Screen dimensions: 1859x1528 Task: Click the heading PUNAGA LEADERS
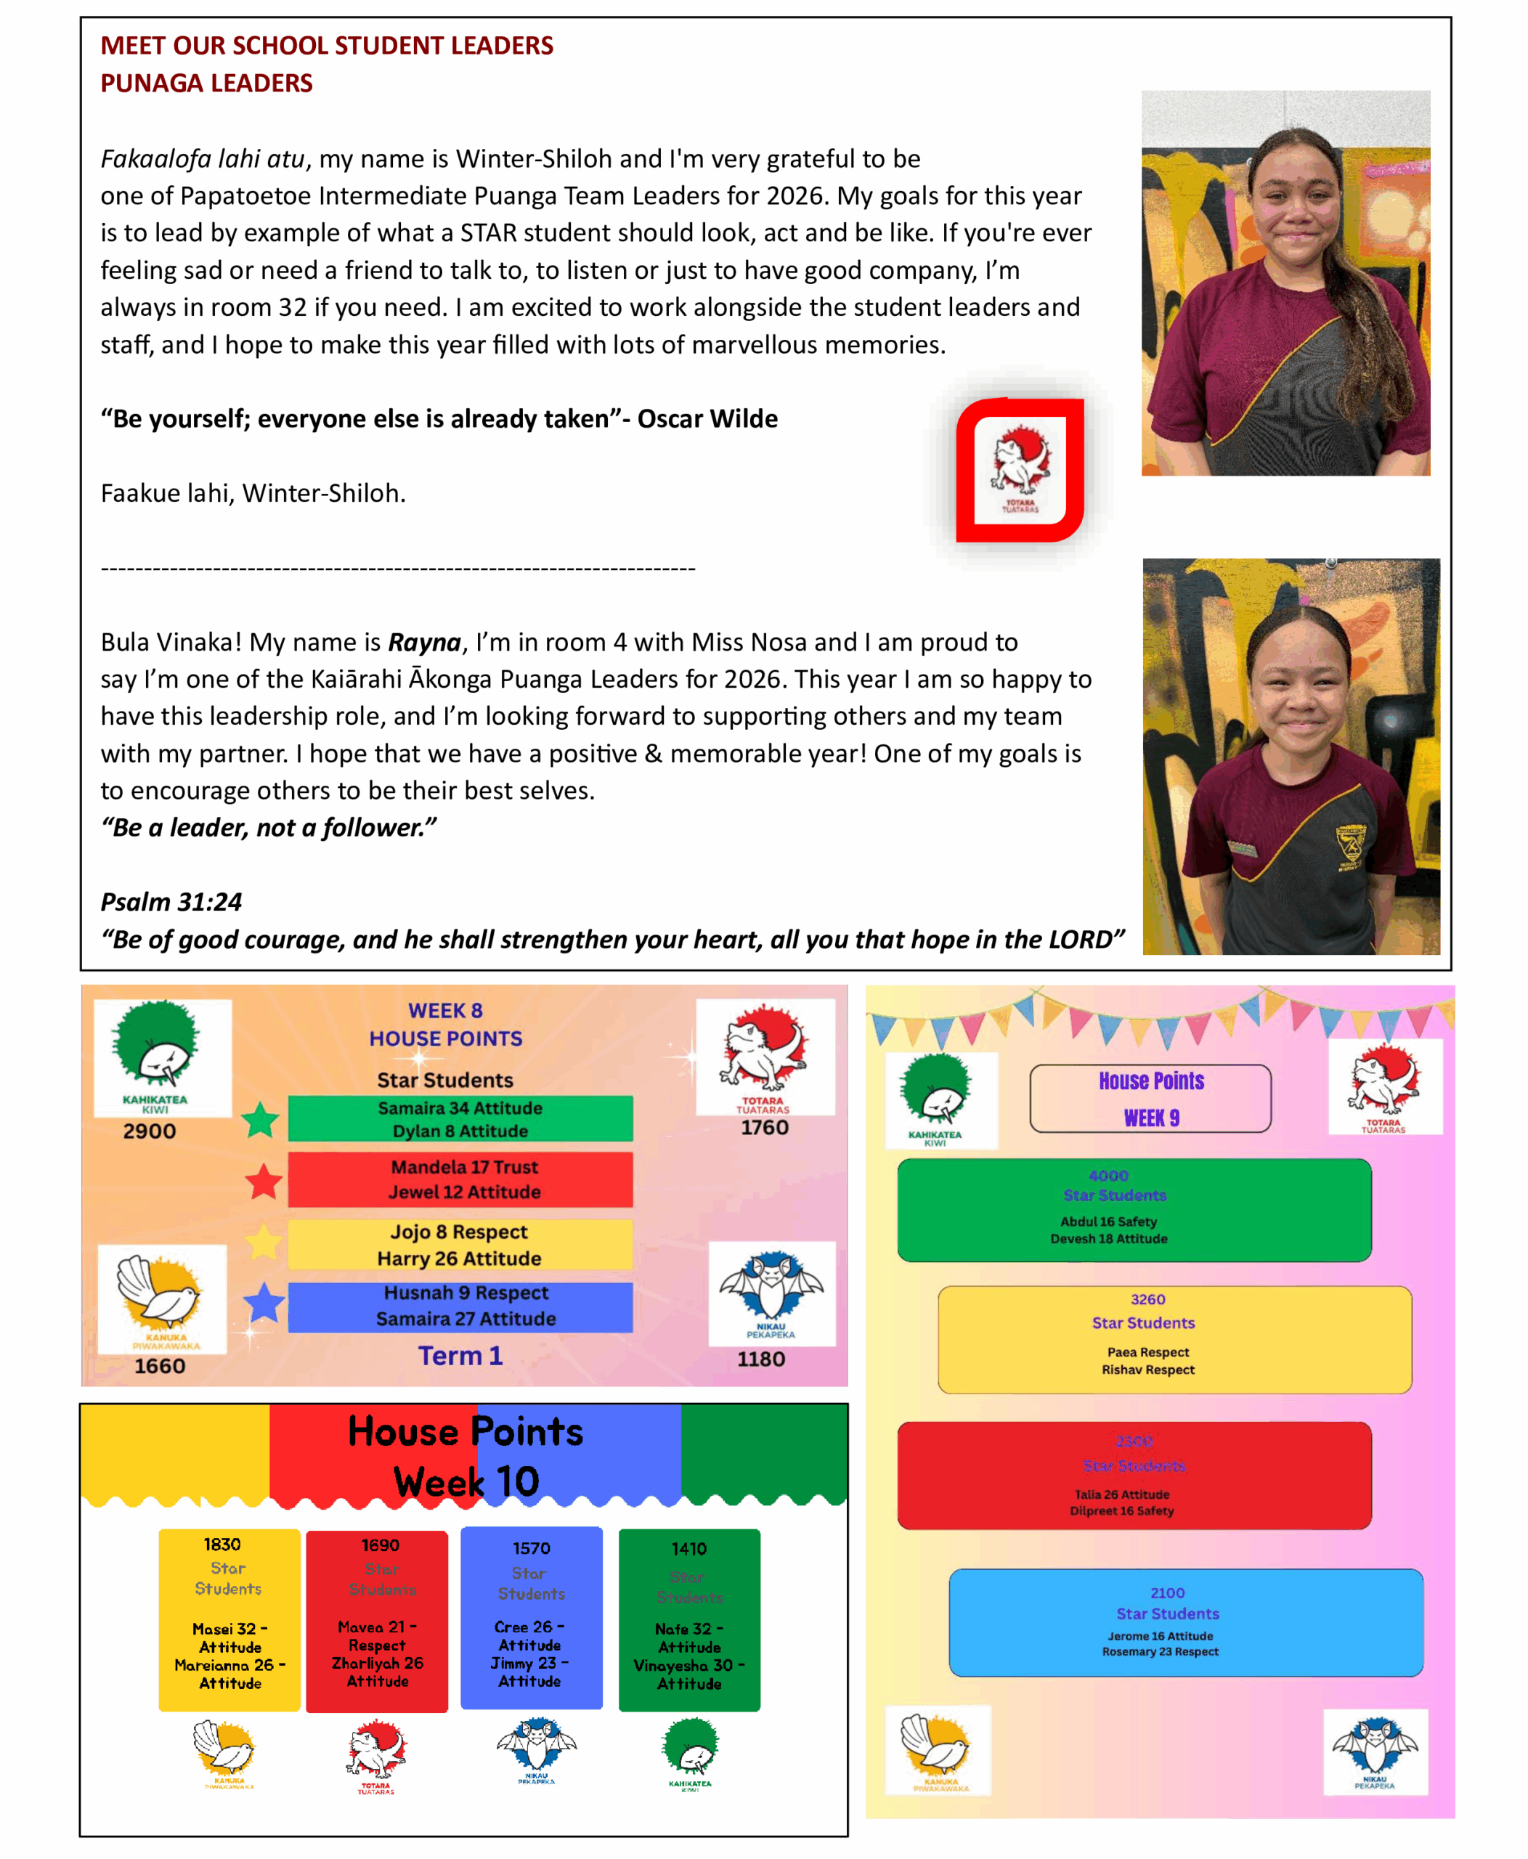206,83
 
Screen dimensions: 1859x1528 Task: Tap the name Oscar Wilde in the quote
707,419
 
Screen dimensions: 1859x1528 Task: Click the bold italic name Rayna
424,643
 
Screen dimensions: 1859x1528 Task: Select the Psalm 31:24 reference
171,901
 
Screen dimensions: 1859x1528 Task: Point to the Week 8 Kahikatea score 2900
150,1131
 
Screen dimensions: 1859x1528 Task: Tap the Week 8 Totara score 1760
764,1128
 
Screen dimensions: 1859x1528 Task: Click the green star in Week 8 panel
261,1120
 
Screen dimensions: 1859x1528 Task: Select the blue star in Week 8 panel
263,1303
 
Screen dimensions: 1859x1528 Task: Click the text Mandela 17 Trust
464,1167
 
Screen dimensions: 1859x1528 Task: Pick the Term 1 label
460,1356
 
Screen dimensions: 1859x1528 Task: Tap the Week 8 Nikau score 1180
760,1359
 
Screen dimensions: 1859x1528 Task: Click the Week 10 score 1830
222,1545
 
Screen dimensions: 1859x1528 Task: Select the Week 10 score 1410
688,1549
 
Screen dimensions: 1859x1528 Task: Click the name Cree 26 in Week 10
524,1627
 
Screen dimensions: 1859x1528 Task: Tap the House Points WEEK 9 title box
1150,1099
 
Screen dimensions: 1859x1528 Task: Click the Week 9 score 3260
1147,1299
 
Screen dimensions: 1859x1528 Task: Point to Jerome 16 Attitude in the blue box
1160,1636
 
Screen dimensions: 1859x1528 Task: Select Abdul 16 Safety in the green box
1108,1221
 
